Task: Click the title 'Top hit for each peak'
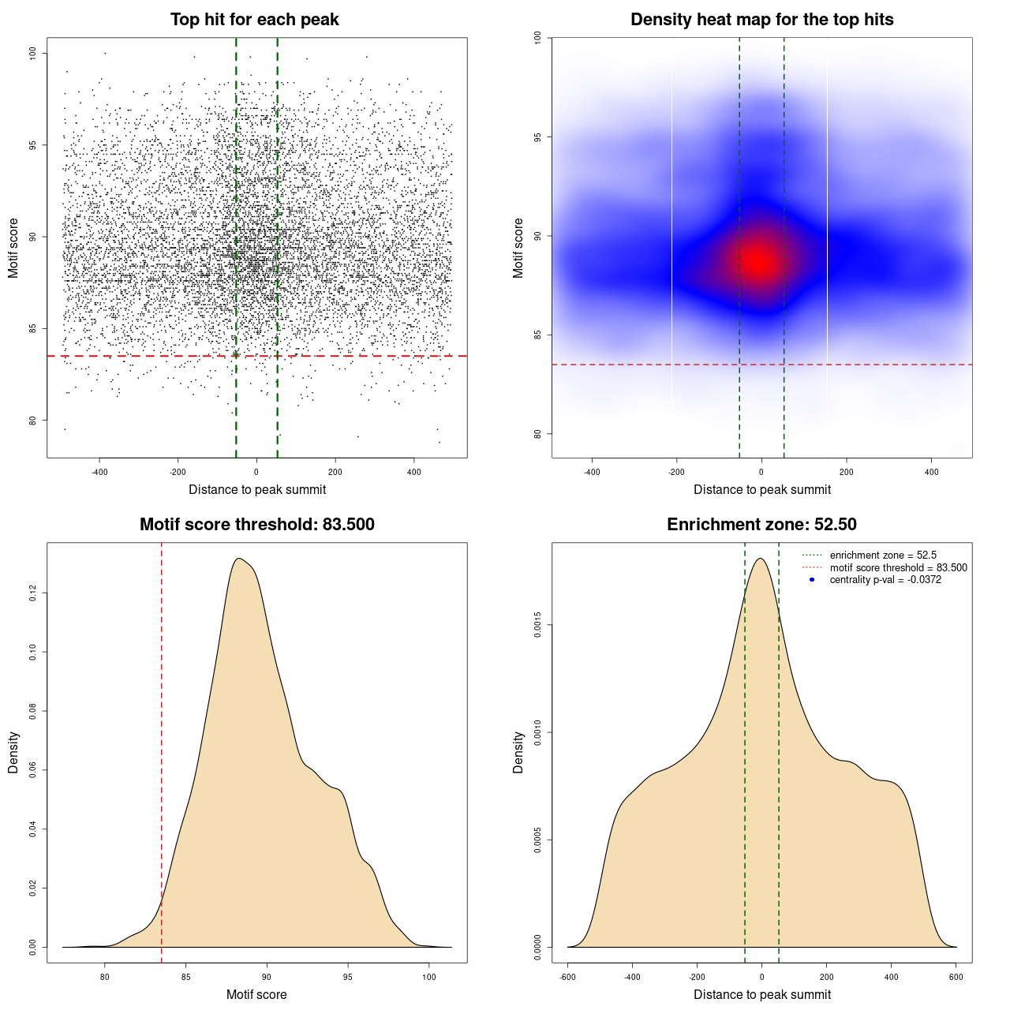click(x=254, y=20)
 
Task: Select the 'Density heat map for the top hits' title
click(x=761, y=20)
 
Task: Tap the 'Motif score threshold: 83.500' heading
click(x=256, y=525)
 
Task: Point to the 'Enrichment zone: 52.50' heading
click(x=761, y=525)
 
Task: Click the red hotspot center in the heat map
click(x=759, y=260)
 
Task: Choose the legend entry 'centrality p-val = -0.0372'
click(x=885, y=580)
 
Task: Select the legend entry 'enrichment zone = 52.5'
click(x=883, y=555)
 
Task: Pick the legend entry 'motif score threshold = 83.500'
click(x=898, y=567)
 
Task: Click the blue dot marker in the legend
click(x=811, y=580)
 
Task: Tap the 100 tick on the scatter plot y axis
click(x=33, y=53)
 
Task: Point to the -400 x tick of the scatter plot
click(x=99, y=472)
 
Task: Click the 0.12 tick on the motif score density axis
click(x=33, y=593)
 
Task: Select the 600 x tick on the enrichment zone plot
click(x=956, y=977)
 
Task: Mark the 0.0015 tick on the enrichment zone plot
click(x=538, y=626)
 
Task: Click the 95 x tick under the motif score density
click(x=348, y=977)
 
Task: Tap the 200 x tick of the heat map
click(x=847, y=472)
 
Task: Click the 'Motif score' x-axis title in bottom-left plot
click(x=256, y=994)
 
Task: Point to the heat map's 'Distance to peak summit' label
click(x=761, y=489)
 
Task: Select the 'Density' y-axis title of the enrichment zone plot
click(x=518, y=752)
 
